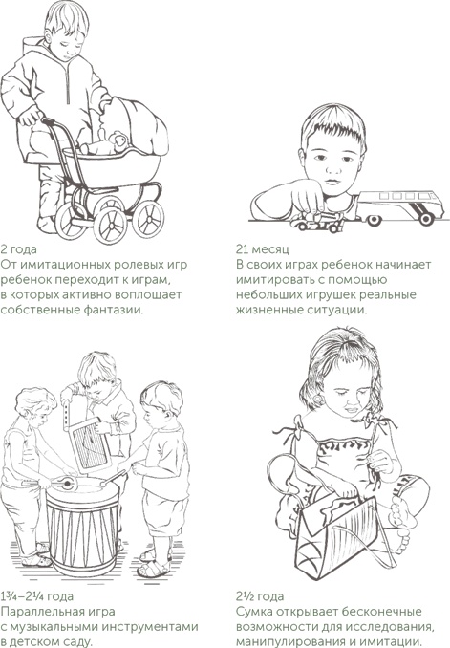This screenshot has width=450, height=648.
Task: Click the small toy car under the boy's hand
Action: tap(316, 222)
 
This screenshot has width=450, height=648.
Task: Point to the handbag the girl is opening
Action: tap(346, 530)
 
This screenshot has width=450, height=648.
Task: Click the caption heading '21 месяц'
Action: tap(263, 248)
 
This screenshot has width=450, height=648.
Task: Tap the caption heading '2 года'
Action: tap(18, 249)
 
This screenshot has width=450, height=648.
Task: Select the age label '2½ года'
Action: tap(260, 596)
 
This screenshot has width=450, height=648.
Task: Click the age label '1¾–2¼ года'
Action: tap(36, 596)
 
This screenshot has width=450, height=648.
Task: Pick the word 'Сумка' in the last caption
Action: tap(254, 612)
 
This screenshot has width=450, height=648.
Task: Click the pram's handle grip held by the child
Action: tap(48, 121)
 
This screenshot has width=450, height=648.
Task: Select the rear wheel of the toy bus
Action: tap(425, 219)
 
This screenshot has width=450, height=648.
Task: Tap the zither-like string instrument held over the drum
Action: tap(90, 444)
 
